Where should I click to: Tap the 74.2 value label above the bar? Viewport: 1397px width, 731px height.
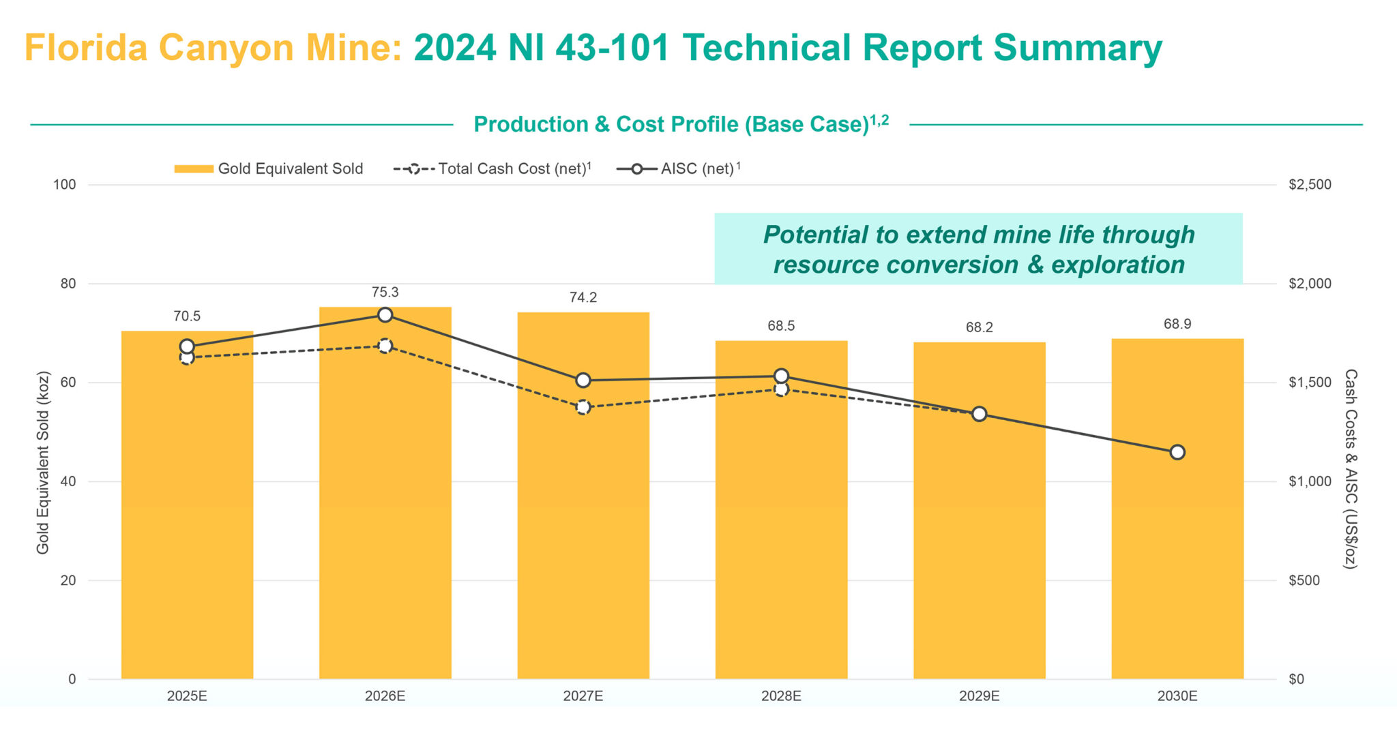coord(583,297)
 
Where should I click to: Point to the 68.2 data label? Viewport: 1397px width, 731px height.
coord(979,327)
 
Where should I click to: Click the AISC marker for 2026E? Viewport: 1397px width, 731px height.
coord(385,314)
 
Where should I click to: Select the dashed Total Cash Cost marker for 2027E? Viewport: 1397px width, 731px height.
coord(583,407)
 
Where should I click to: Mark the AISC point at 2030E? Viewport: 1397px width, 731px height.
coord(1177,452)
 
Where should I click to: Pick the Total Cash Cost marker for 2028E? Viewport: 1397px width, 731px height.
coord(781,389)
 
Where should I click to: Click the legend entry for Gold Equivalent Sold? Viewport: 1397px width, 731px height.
coord(269,168)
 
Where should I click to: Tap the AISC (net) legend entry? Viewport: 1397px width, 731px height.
coord(678,168)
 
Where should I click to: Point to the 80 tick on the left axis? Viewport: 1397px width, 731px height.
coord(68,284)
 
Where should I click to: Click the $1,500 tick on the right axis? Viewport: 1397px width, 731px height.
coord(1309,383)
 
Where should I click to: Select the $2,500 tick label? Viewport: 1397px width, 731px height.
coord(1309,185)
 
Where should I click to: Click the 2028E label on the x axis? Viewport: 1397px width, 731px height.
coord(781,696)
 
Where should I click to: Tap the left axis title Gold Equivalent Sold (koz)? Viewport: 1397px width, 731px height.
coord(43,462)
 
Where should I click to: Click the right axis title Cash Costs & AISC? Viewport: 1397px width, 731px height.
coord(1350,469)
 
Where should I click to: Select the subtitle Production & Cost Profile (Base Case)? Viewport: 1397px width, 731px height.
coord(671,124)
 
